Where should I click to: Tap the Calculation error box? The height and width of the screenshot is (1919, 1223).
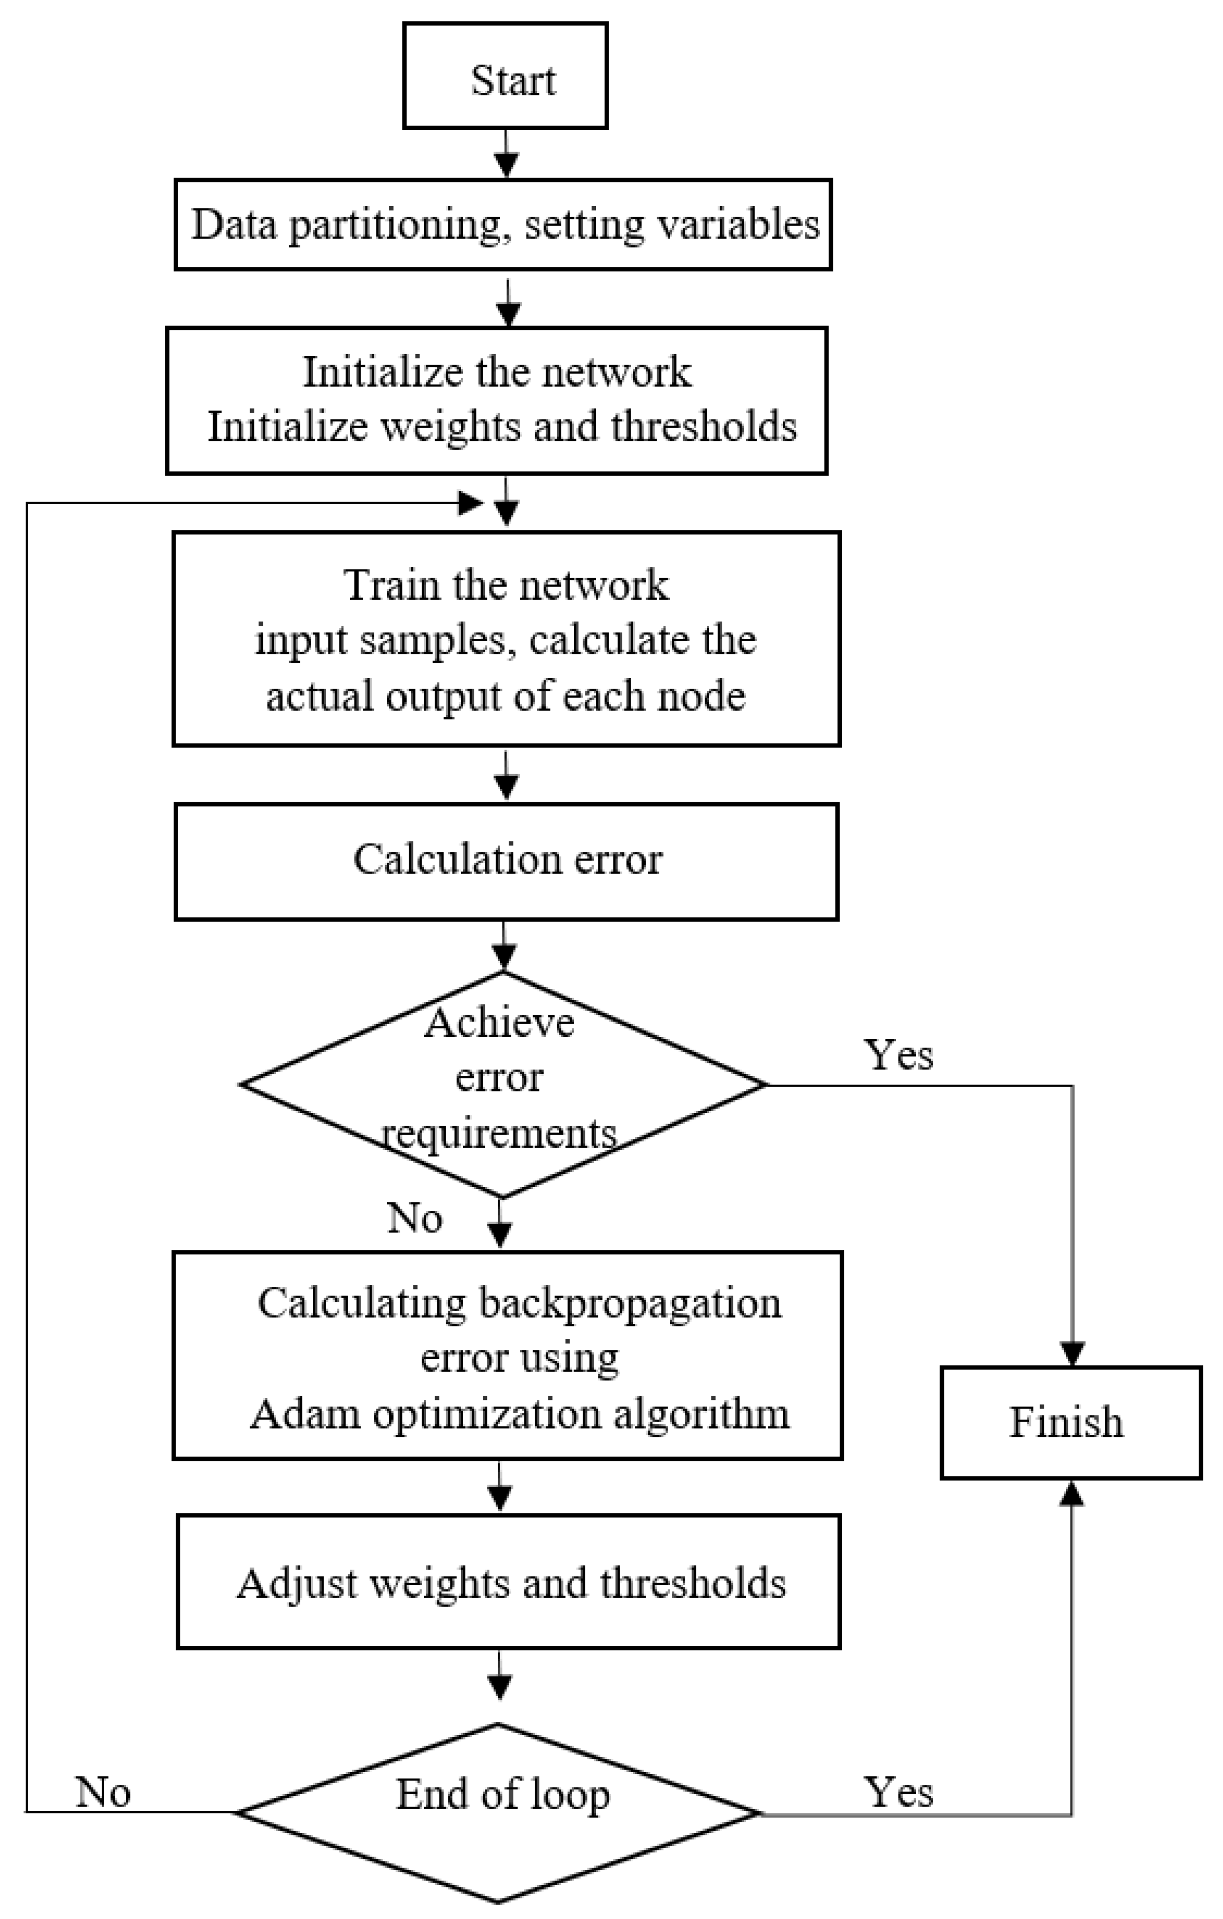[x=506, y=861]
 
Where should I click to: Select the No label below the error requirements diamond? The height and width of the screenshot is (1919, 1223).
[x=415, y=1218]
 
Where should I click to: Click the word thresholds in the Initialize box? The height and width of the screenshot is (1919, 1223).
[x=703, y=427]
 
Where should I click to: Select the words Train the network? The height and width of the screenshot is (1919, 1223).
[x=505, y=585]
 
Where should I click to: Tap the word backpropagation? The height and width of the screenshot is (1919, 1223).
[x=630, y=1304]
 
